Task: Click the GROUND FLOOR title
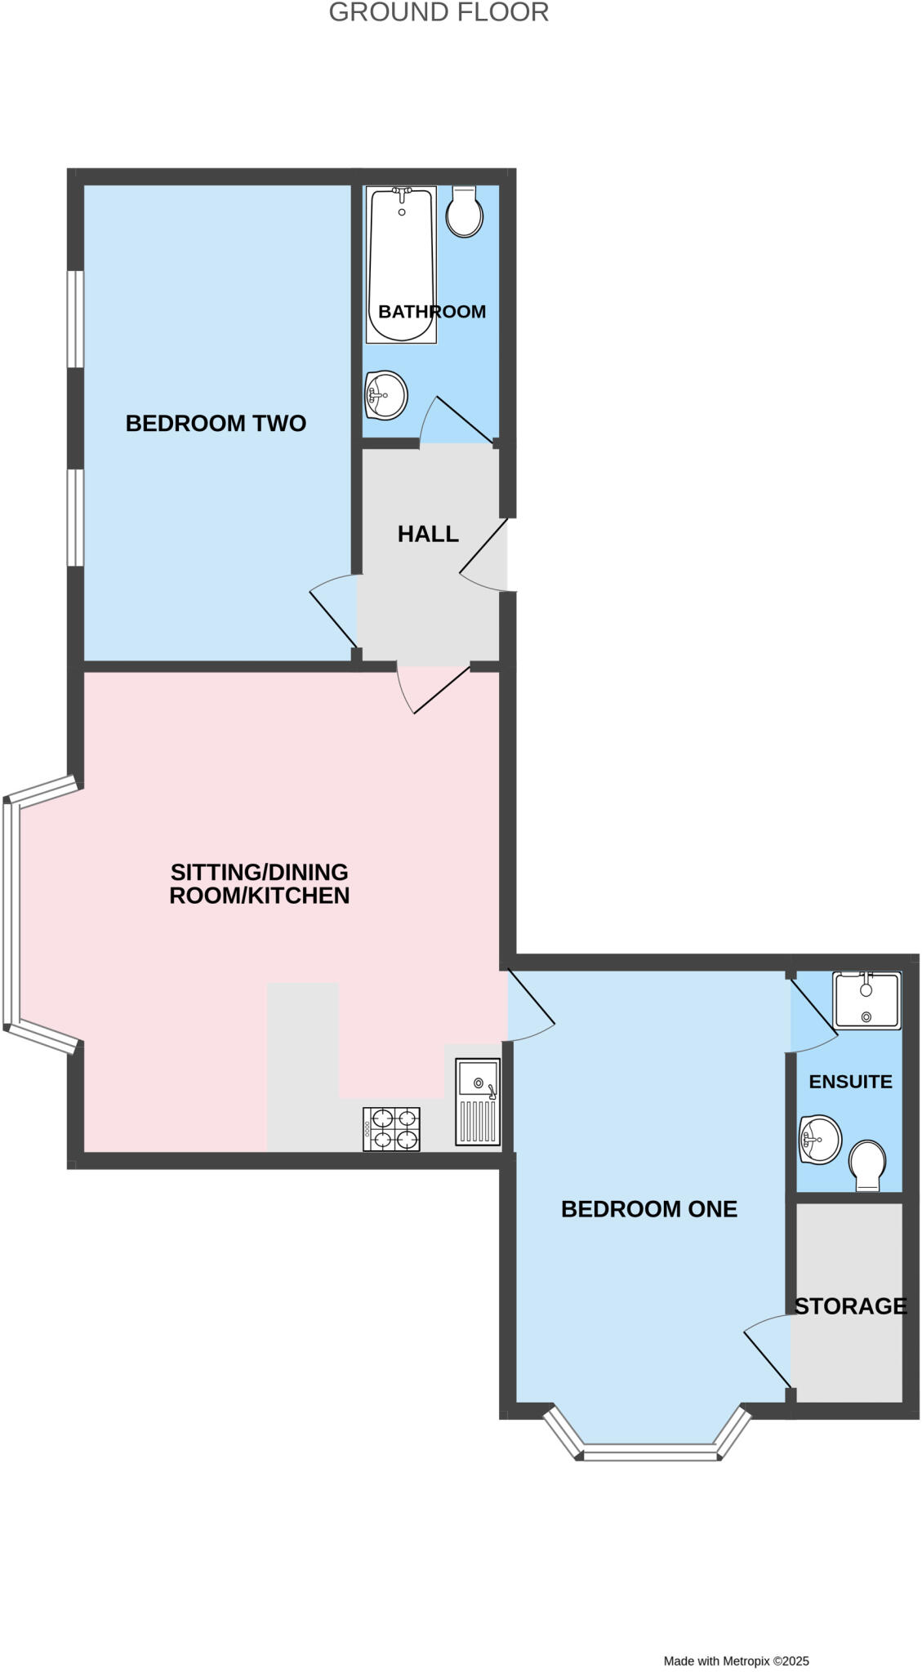click(x=439, y=13)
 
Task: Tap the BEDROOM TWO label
click(x=216, y=423)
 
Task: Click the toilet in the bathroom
click(x=464, y=211)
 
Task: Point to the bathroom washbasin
click(x=385, y=395)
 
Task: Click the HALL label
click(x=428, y=534)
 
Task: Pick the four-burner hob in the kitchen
click(x=392, y=1129)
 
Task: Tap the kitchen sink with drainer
click(x=478, y=1101)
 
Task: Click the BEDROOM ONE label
click(x=648, y=1209)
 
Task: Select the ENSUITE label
click(x=850, y=1082)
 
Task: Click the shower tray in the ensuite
click(x=866, y=1000)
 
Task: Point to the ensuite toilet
click(x=866, y=1166)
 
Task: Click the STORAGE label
click(x=850, y=1306)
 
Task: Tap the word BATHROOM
click(x=432, y=312)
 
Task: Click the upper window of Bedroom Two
click(x=75, y=318)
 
